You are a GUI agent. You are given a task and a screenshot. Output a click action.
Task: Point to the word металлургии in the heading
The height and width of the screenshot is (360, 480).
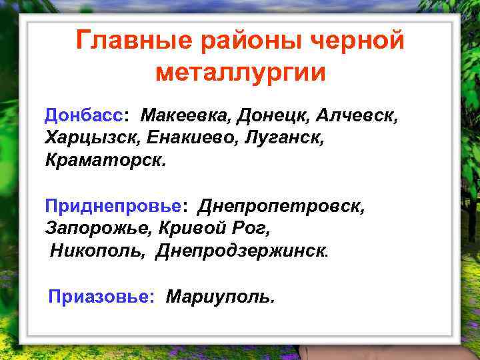tap(241, 72)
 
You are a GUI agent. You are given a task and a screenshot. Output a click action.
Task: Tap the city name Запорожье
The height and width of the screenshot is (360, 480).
tap(99, 229)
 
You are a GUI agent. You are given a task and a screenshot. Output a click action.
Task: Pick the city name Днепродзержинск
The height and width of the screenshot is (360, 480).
tap(243, 251)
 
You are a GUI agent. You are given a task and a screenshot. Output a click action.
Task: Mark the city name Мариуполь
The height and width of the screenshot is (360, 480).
tap(220, 296)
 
